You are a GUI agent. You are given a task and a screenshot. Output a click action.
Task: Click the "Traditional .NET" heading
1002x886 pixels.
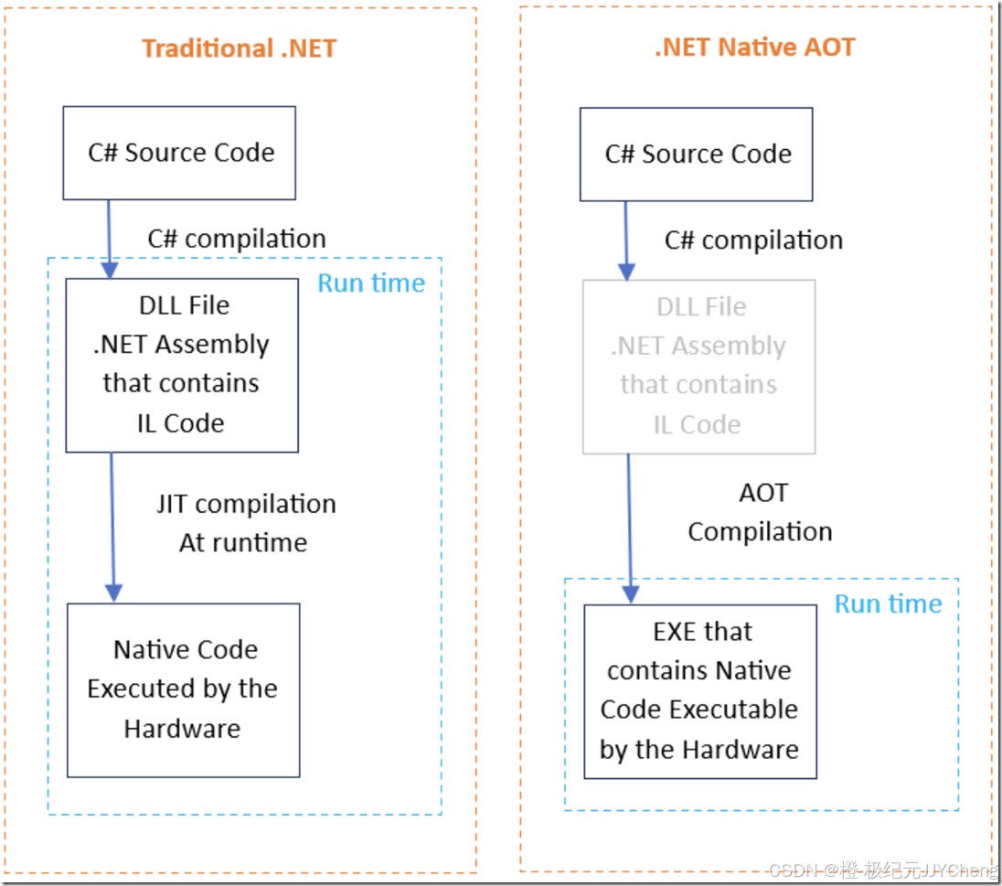(x=240, y=48)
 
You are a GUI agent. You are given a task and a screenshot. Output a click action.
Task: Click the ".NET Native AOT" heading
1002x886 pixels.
(x=755, y=47)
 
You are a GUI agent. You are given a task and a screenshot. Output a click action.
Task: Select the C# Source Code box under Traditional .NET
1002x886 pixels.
(x=179, y=153)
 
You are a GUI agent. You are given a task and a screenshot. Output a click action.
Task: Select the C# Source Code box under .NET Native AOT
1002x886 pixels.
(x=697, y=155)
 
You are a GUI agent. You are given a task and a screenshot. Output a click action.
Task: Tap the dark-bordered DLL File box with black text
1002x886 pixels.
(x=182, y=365)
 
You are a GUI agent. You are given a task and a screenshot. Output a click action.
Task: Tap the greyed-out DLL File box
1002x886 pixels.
(x=699, y=367)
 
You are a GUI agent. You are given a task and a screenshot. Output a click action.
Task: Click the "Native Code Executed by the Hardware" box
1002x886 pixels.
(x=183, y=689)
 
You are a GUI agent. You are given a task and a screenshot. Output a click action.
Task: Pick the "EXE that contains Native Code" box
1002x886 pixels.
(x=700, y=690)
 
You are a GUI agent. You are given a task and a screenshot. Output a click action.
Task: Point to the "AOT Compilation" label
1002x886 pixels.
(x=761, y=512)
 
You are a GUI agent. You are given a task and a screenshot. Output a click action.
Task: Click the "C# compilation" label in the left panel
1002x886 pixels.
(x=237, y=239)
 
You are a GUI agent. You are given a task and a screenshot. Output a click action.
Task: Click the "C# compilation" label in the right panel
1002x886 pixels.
(x=753, y=240)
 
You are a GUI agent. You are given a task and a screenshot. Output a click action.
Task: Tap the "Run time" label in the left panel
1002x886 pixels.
(x=371, y=283)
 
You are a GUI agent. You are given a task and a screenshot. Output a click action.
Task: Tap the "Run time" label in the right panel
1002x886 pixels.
(x=888, y=603)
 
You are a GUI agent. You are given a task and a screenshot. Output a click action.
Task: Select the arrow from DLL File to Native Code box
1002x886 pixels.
(x=112, y=526)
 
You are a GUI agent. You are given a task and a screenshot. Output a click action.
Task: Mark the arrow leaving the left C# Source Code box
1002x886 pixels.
(x=109, y=238)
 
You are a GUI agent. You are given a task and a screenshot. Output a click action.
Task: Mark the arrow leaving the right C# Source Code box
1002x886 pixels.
(x=626, y=240)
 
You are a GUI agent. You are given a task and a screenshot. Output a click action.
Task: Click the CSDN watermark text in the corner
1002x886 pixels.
(x=882, y=870)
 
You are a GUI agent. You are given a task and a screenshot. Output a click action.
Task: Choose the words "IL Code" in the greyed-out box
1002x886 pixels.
(x=697, y=424)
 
